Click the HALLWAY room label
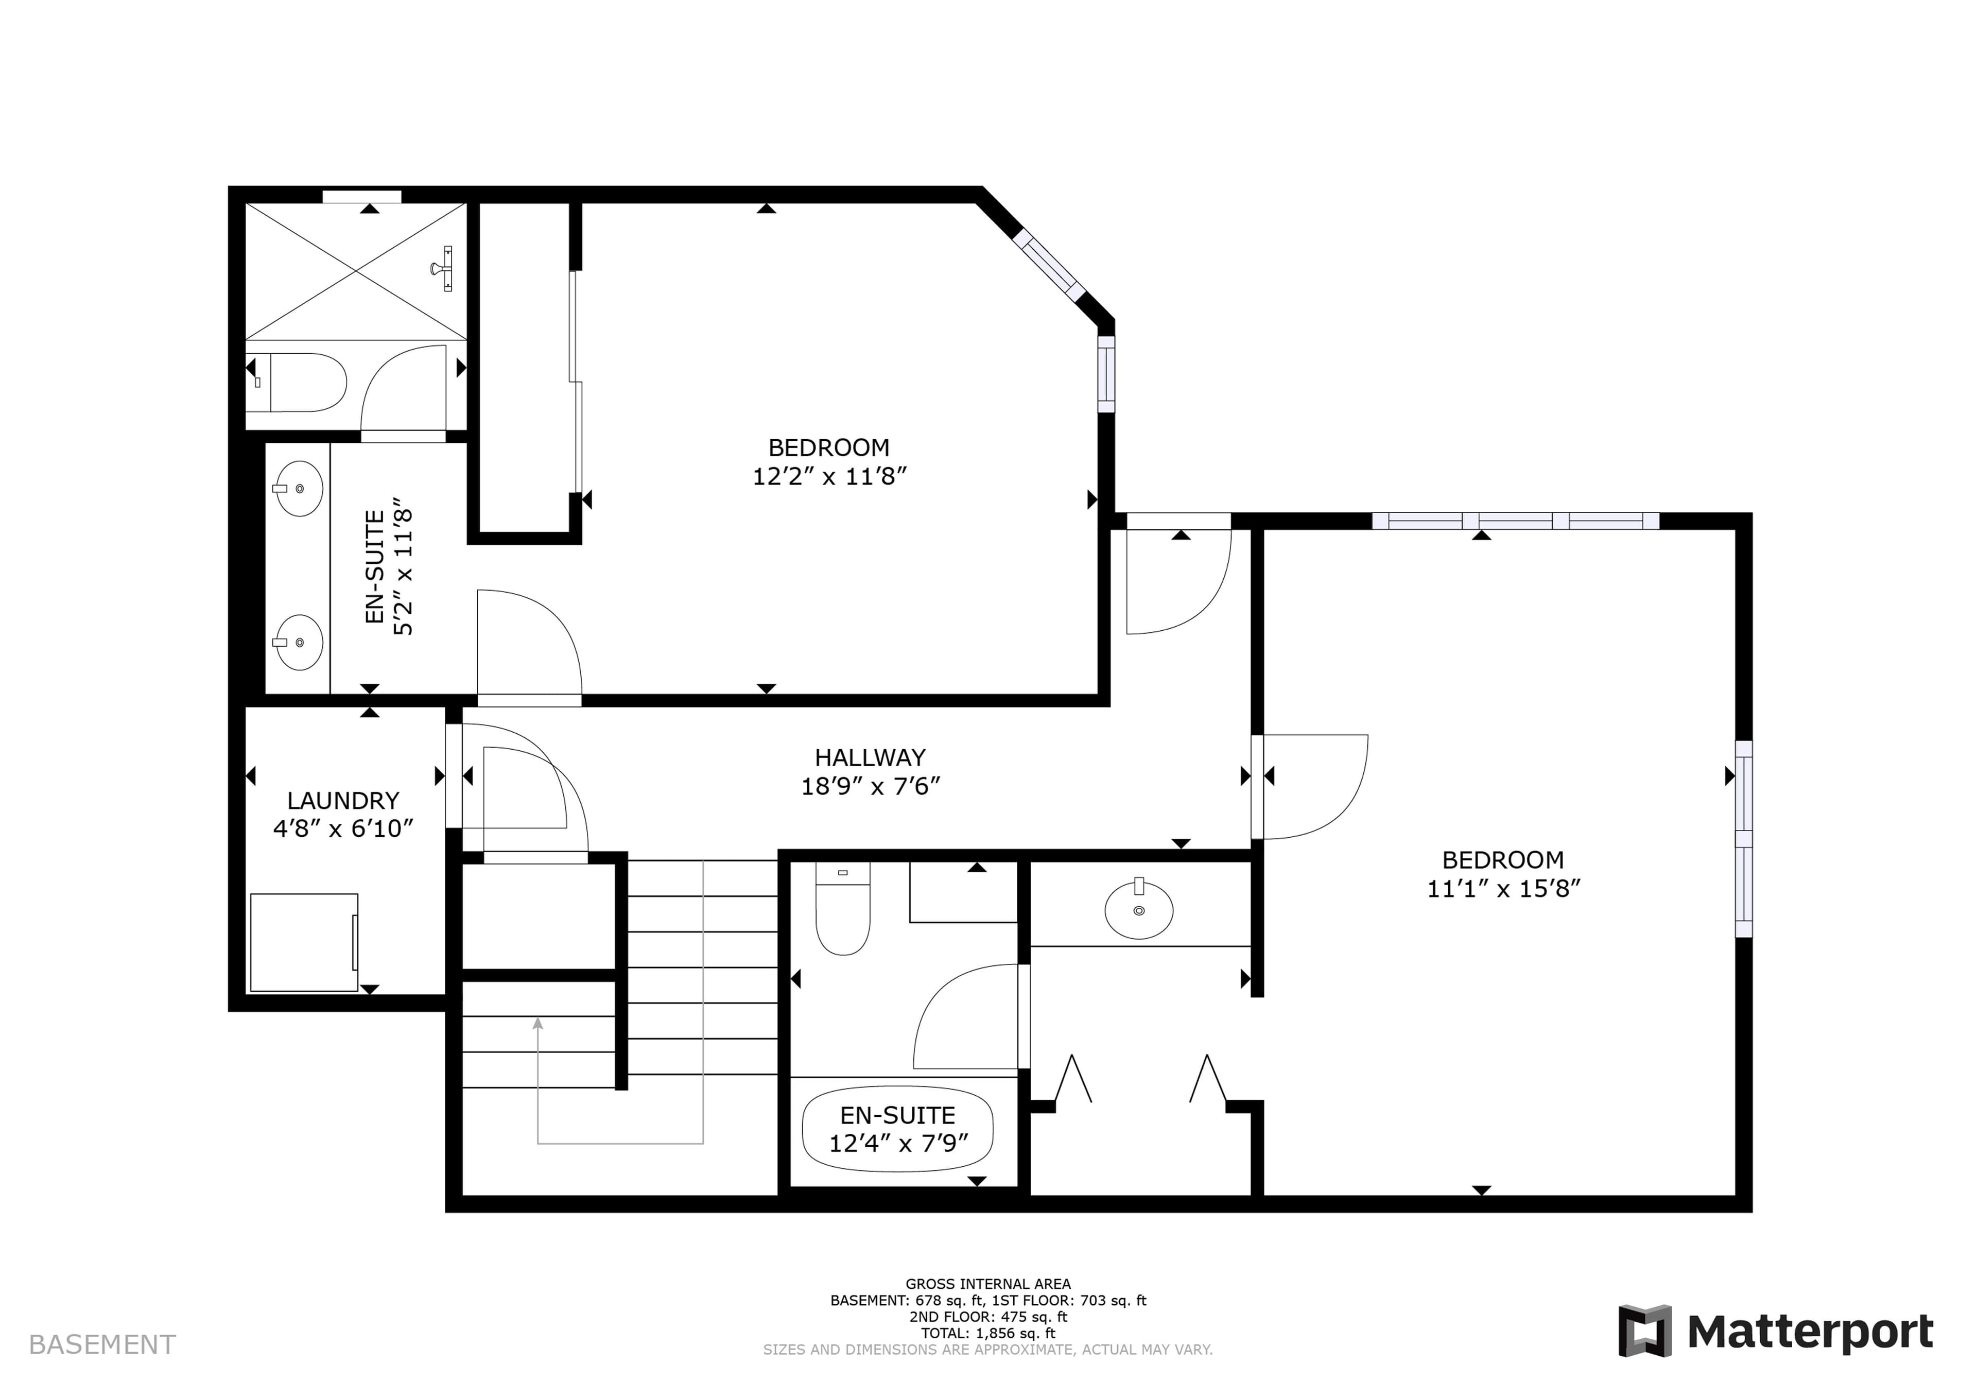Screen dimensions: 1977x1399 pos(870,757)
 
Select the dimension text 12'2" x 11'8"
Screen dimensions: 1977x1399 pos(829,476)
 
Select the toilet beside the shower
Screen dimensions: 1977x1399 pos(297,382)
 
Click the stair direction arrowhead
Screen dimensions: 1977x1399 pos(537,1024)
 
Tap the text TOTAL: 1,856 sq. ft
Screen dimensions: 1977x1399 pos(988,1333)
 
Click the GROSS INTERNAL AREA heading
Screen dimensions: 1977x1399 pos(988,1284)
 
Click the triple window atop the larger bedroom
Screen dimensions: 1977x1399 pos(1515,521)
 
